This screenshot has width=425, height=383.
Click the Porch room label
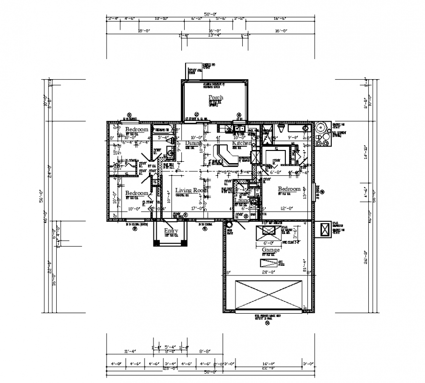[216, 97]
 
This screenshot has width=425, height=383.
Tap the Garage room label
[271, 250]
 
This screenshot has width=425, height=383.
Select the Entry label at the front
[171, 231]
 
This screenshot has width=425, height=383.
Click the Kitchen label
[242, 143]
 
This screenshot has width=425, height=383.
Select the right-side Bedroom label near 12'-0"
[289, 189]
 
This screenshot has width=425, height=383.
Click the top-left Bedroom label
[136, 129]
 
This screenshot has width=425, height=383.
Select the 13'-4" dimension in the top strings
[214, 35]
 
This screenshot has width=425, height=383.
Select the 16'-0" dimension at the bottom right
[267, 363]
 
